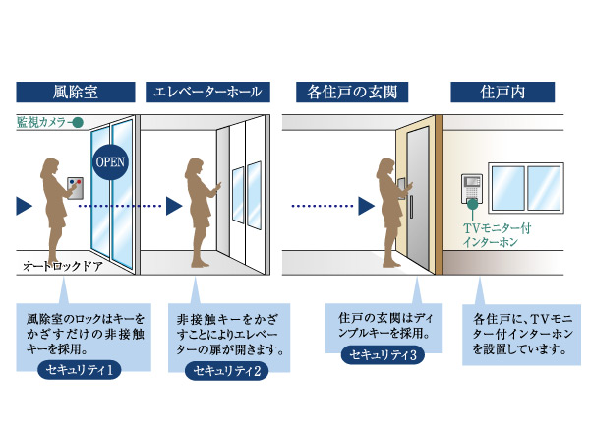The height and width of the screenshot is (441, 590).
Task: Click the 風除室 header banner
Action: [76, 94]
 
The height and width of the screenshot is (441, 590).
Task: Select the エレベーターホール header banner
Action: [207, 94]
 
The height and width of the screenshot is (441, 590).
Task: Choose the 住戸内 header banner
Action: [501, 94]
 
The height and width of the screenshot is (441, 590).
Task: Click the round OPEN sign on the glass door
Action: [110, 160]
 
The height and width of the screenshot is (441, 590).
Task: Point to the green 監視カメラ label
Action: [43, 124]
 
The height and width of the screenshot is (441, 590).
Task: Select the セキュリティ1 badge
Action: [83, 370]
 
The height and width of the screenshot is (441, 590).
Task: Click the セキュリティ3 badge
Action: [384, 354]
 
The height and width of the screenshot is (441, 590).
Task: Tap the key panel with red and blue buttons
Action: [75, 188]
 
